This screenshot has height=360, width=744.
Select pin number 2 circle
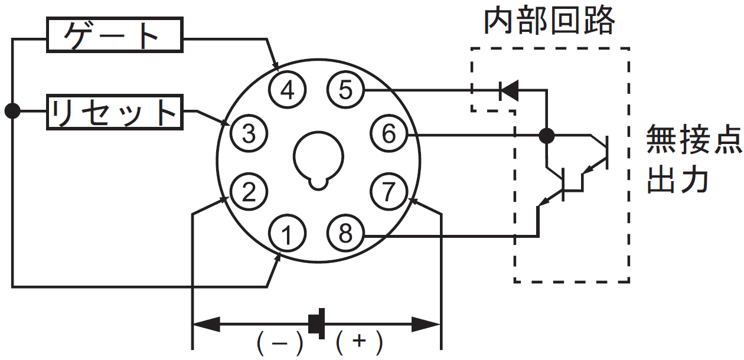[249, 191]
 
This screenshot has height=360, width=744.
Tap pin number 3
[249, 133]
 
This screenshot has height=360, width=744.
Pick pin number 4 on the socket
[287, 90]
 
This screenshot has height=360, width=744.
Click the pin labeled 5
[345, 90]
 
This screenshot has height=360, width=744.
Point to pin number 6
[389, 133]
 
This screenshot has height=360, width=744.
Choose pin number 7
[389, 191]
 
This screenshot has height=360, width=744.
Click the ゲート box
[115, 35]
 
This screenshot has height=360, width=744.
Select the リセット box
[115, 112]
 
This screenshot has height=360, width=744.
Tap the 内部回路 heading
[550, 21]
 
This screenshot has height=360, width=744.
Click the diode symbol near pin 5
[509, 90]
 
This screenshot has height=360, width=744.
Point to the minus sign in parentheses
[280, 342]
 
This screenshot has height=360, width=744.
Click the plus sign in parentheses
[360, 342]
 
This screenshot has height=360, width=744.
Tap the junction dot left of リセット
[12, 111]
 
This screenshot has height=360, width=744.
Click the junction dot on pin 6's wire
[546, 136]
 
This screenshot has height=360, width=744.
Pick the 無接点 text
[694, 139]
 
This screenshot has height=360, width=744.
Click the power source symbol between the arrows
[316, 323]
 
